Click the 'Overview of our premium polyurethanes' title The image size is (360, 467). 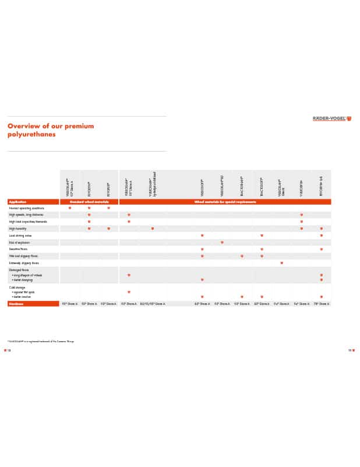coord(50,129)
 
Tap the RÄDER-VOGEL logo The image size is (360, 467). coord(332,119)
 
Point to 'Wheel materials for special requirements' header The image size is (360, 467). coord(225,202)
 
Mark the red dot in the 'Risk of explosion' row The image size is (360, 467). coord(222,242)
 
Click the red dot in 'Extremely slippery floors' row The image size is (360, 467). coord(281,262)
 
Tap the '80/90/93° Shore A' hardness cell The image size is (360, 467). coord(153,304)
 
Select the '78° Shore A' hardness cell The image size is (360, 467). coord(322,304)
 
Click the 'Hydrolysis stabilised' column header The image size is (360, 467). coord(153,184)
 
